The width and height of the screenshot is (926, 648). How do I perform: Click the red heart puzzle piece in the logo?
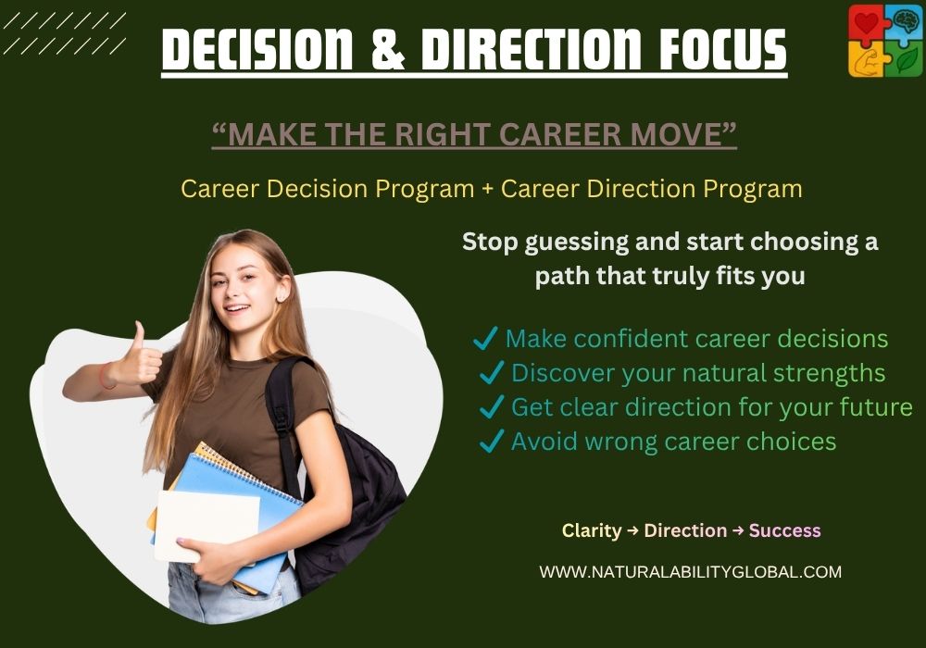(866, 23)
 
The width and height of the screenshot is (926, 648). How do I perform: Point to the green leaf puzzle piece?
(905, 60)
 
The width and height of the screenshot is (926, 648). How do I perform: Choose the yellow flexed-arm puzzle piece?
(866, 60)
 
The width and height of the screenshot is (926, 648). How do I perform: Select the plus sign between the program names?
(488, 189)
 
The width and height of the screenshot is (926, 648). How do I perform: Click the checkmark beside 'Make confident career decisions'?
(485, 339)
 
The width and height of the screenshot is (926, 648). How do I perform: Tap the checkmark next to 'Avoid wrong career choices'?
(491, 442)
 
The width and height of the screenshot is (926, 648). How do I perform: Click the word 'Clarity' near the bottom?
(591, 530)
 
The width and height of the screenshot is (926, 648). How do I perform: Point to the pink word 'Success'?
(785, 530)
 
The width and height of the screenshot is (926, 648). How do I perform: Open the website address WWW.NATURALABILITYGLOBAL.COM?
(691, 572)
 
